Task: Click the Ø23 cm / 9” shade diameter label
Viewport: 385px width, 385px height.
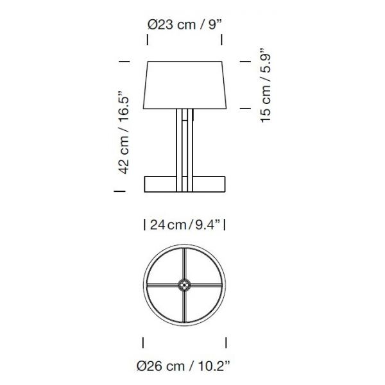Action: tap(185, 25)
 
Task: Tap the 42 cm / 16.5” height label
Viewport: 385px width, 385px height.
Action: tap(123, 133)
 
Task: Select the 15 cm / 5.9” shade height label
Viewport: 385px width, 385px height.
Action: tap(265, 85)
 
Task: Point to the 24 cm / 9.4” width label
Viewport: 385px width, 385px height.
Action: tap(185, 225)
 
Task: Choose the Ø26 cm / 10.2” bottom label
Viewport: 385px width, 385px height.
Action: tap(184, 366)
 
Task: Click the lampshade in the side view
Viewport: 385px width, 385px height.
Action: tap(185, 85)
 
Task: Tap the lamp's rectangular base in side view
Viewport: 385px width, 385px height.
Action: tap(185, 184)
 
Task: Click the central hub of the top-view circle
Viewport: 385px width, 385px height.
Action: tap(184, 285)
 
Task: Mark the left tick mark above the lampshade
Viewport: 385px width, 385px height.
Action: tap(148, 40)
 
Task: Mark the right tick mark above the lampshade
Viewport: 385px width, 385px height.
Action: tap(222, 40)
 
